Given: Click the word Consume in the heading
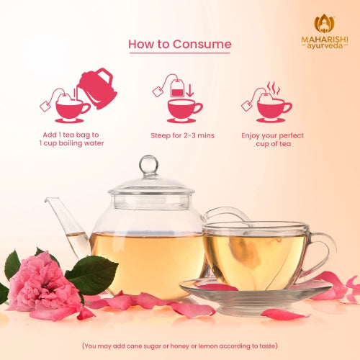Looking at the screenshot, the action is [x=202, y=44].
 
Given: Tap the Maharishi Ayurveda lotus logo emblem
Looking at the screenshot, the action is [x=325, y=24].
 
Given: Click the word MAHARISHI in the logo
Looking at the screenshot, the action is [x=325, y=40].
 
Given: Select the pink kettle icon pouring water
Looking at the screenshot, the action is [x=96, y=88].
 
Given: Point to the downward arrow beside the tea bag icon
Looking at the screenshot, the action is [x=190, y=90].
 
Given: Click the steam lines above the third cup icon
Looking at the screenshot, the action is [x=274, y=88].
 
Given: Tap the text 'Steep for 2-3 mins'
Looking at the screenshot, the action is [x=182, y=135].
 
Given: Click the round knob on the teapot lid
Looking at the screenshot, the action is [x=148, y=165].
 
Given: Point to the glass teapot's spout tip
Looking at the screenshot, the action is [x=48, y=199].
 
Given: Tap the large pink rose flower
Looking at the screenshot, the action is [x=43, y=283].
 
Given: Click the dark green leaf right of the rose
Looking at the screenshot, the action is [x=92, y=274].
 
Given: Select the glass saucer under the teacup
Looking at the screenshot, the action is [x=254, y=297].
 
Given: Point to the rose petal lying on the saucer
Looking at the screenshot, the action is [x=217, y=287].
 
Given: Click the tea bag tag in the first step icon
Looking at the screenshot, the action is [x=45, y=107].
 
